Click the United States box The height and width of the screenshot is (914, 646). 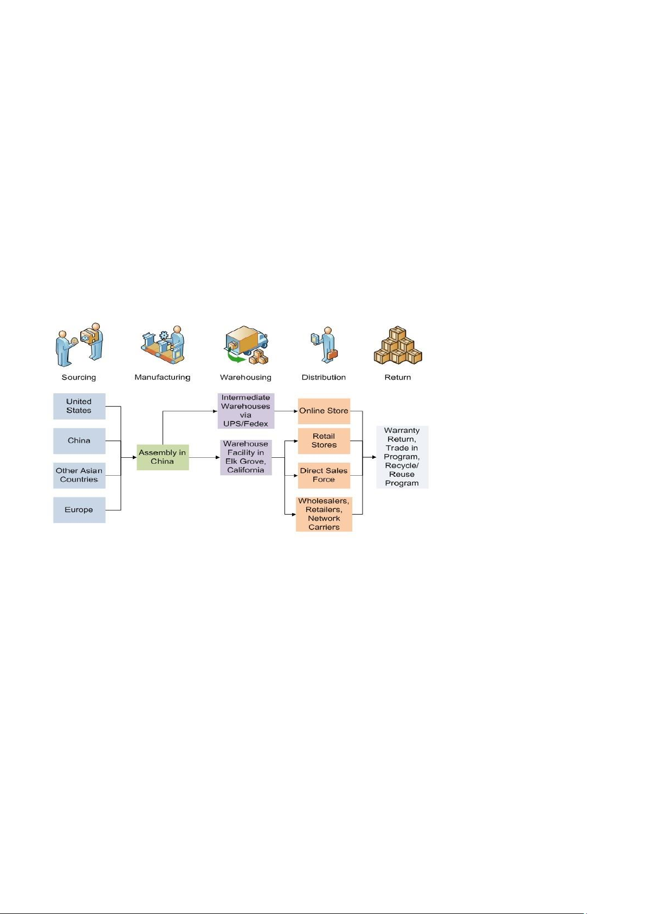(79, 406)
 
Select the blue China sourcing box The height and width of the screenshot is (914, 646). (79, 440)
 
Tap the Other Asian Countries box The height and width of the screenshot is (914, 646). (79, 475)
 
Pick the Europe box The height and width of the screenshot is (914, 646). (79, 510)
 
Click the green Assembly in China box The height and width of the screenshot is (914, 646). (163, 457)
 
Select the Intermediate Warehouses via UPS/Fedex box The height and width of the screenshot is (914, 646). (246, 411)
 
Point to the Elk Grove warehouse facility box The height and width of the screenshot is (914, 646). (246, 457)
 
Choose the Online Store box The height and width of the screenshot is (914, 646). (324, 411)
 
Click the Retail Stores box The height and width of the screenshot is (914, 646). (324, 440)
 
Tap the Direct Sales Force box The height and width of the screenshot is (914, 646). (324, 475)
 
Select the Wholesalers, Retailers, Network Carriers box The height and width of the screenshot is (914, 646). (324, 514)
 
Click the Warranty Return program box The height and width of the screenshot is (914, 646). (402, 457)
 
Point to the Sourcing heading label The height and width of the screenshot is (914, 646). (79, 378)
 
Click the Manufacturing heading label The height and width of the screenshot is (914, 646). (162, 378)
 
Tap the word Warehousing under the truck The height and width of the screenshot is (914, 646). (246, 378)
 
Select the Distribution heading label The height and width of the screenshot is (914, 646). (324, 378)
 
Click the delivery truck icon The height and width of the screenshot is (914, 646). (246, 345)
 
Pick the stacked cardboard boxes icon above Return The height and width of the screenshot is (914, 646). (398, 345)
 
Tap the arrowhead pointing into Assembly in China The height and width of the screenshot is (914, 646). (134, 457)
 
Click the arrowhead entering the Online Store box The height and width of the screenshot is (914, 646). (295, 411)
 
